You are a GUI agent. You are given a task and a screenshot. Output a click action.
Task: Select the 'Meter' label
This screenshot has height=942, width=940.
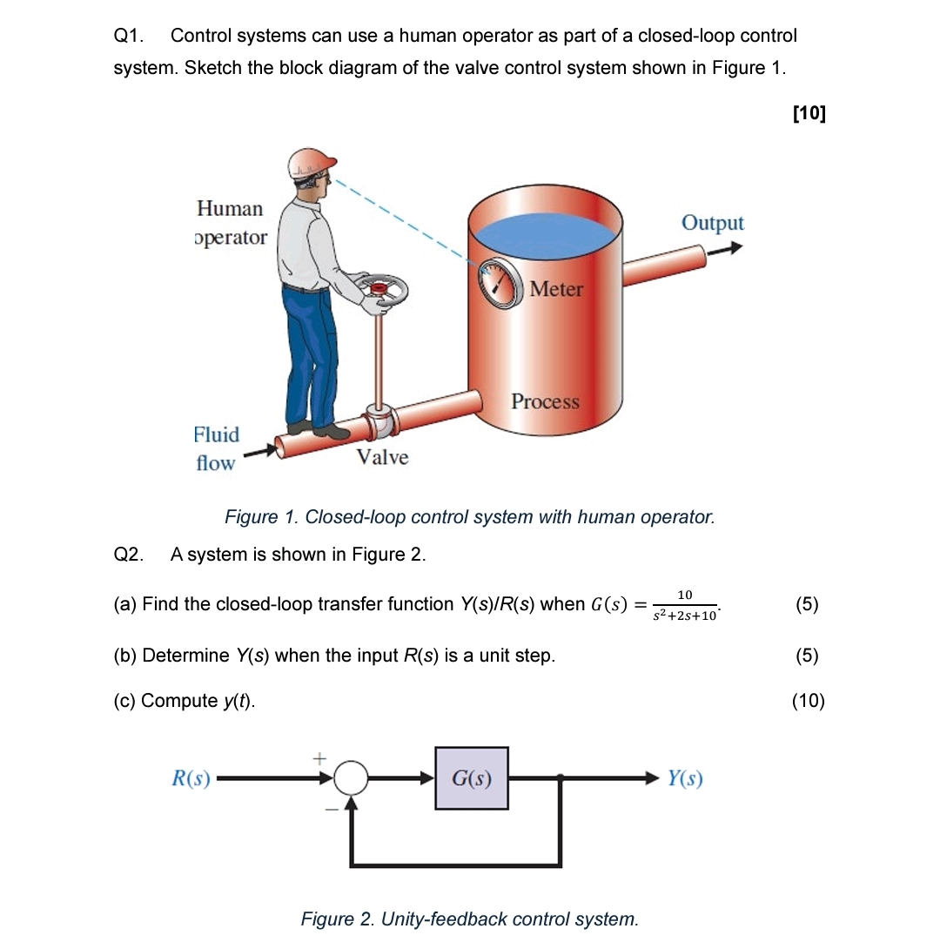(556, 289)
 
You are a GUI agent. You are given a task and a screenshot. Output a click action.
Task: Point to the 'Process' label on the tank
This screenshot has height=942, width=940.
(545, 401)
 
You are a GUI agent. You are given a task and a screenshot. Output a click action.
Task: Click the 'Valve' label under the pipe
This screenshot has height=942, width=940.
(382, 457)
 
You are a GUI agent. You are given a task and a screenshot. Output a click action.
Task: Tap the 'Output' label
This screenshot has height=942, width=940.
(712, 223)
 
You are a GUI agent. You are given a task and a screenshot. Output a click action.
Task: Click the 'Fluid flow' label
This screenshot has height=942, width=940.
(216, 448)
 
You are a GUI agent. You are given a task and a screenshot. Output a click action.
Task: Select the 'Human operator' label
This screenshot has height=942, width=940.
(231, 223)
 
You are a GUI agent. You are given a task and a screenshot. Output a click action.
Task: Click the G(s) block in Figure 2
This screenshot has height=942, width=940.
(472, 778)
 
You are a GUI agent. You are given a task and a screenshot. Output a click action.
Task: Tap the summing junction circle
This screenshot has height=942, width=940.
(352, 778)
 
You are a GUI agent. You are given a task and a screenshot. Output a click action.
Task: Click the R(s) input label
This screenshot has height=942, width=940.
(191, 778)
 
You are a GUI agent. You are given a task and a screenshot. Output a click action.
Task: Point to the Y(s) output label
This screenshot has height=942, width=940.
(685, 778)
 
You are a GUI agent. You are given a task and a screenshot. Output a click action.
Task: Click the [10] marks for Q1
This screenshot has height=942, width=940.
(809, 112)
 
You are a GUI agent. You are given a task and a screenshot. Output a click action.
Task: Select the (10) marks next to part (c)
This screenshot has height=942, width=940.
(808, 701)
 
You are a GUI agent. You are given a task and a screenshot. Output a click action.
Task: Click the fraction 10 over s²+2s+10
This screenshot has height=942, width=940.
(685, 605)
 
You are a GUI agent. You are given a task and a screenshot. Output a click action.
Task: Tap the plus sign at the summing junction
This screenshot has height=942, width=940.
(319, 759)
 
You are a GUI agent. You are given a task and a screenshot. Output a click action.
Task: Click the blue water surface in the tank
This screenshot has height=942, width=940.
(546, 234)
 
